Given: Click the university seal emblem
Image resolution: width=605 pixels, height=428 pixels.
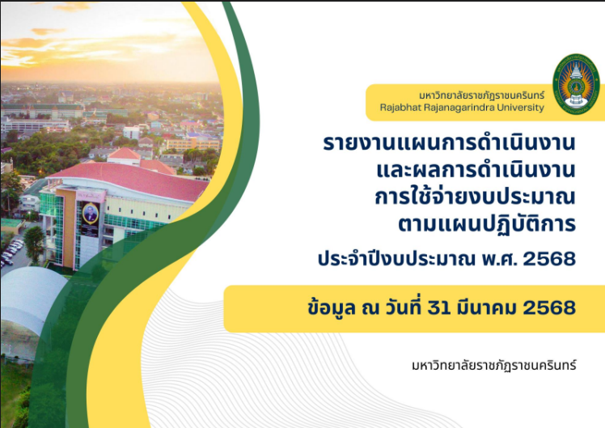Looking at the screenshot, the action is pyautogui.click(x=576, y=84).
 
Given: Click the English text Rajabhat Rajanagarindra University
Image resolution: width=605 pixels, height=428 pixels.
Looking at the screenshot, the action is pyautogui.click(x=462, y=108).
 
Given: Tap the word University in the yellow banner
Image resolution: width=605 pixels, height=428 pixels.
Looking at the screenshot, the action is pyautogui.click(x=521, y=108).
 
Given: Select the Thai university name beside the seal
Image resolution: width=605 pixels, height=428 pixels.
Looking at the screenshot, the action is pyautogui.click(x=481, y=95).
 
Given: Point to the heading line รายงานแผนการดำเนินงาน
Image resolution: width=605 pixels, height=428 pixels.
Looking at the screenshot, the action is pyautogui.click(x=450, y=143).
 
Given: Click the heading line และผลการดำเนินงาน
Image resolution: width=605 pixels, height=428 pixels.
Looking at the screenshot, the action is pyautogui.click(x=476, y=170).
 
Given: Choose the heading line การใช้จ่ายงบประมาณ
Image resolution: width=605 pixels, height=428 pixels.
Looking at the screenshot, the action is pyautogui.click(x=476, y=196).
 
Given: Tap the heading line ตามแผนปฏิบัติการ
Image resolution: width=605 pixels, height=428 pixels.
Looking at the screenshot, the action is pyautogui.click(x=487, y=223).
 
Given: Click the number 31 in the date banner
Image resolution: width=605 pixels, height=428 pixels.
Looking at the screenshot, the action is pyautogui.click(x=439, y=308).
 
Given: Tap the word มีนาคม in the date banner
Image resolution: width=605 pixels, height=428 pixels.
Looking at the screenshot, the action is pyautogui.click(x=486, y=307).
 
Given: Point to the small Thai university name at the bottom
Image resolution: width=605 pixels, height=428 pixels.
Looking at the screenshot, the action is pyautogui.click(x=494, y=365).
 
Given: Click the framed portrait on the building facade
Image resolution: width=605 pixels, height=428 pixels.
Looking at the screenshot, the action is pyautogui.click(x=91, y=213).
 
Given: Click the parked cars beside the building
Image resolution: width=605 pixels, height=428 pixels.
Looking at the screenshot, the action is pyautogui.click(x=11, y=252).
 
